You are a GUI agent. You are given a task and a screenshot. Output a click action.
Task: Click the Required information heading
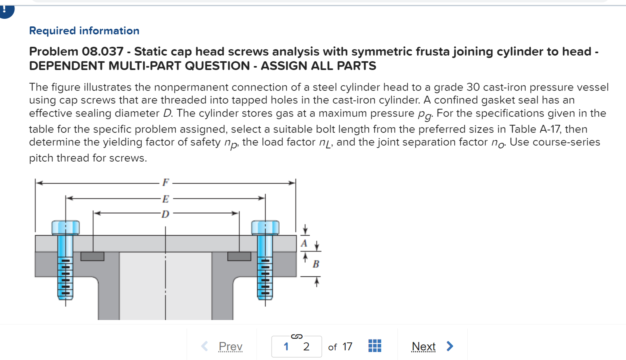tap(84, 31)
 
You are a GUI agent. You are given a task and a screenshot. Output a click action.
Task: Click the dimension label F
tap(166, 182)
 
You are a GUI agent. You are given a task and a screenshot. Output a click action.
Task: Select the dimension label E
tap(166, 199)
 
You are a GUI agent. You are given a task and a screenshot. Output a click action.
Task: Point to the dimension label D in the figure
tap(166, 214)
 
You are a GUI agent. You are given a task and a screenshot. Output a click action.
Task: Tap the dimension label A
tap(304, 243)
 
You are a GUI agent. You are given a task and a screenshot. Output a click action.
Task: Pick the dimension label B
tap(316, 264)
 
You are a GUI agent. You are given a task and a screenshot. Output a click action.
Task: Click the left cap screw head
tap(65, 228)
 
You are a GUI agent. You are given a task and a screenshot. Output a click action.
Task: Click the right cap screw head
tap(265, 228)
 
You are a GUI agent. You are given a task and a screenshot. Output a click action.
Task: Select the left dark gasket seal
tap(92, 256)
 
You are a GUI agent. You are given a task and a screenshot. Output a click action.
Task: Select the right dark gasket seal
tap(239, 256)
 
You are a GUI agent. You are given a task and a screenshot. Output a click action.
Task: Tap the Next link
tap(423, 346)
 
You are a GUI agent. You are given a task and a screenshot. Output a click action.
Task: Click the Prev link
tap(230, 346)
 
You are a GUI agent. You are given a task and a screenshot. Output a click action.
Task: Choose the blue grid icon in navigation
tap(375, 346)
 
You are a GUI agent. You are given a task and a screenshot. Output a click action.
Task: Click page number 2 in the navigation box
tap(306, 346)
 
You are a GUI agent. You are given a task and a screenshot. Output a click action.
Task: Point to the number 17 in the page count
tap(347, 346)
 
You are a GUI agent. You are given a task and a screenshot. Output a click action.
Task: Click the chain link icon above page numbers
tap(296, 336)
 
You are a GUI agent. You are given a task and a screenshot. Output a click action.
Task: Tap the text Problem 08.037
tap(76, 52)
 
